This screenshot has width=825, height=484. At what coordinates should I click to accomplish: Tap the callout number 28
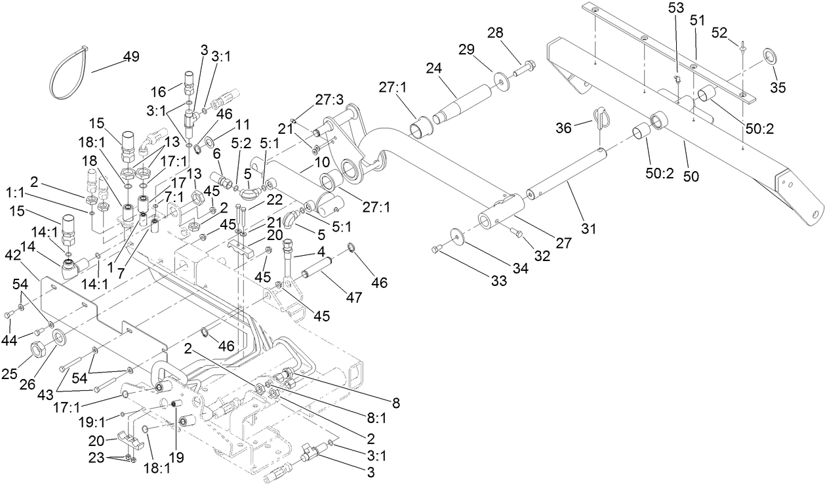click(x=512, y=33)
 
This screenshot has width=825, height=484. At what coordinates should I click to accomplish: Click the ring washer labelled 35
click(x=768, y=56)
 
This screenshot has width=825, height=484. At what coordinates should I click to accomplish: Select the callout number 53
click(x=676, y=8)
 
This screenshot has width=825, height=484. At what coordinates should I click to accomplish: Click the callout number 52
click(x=720, y=31)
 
